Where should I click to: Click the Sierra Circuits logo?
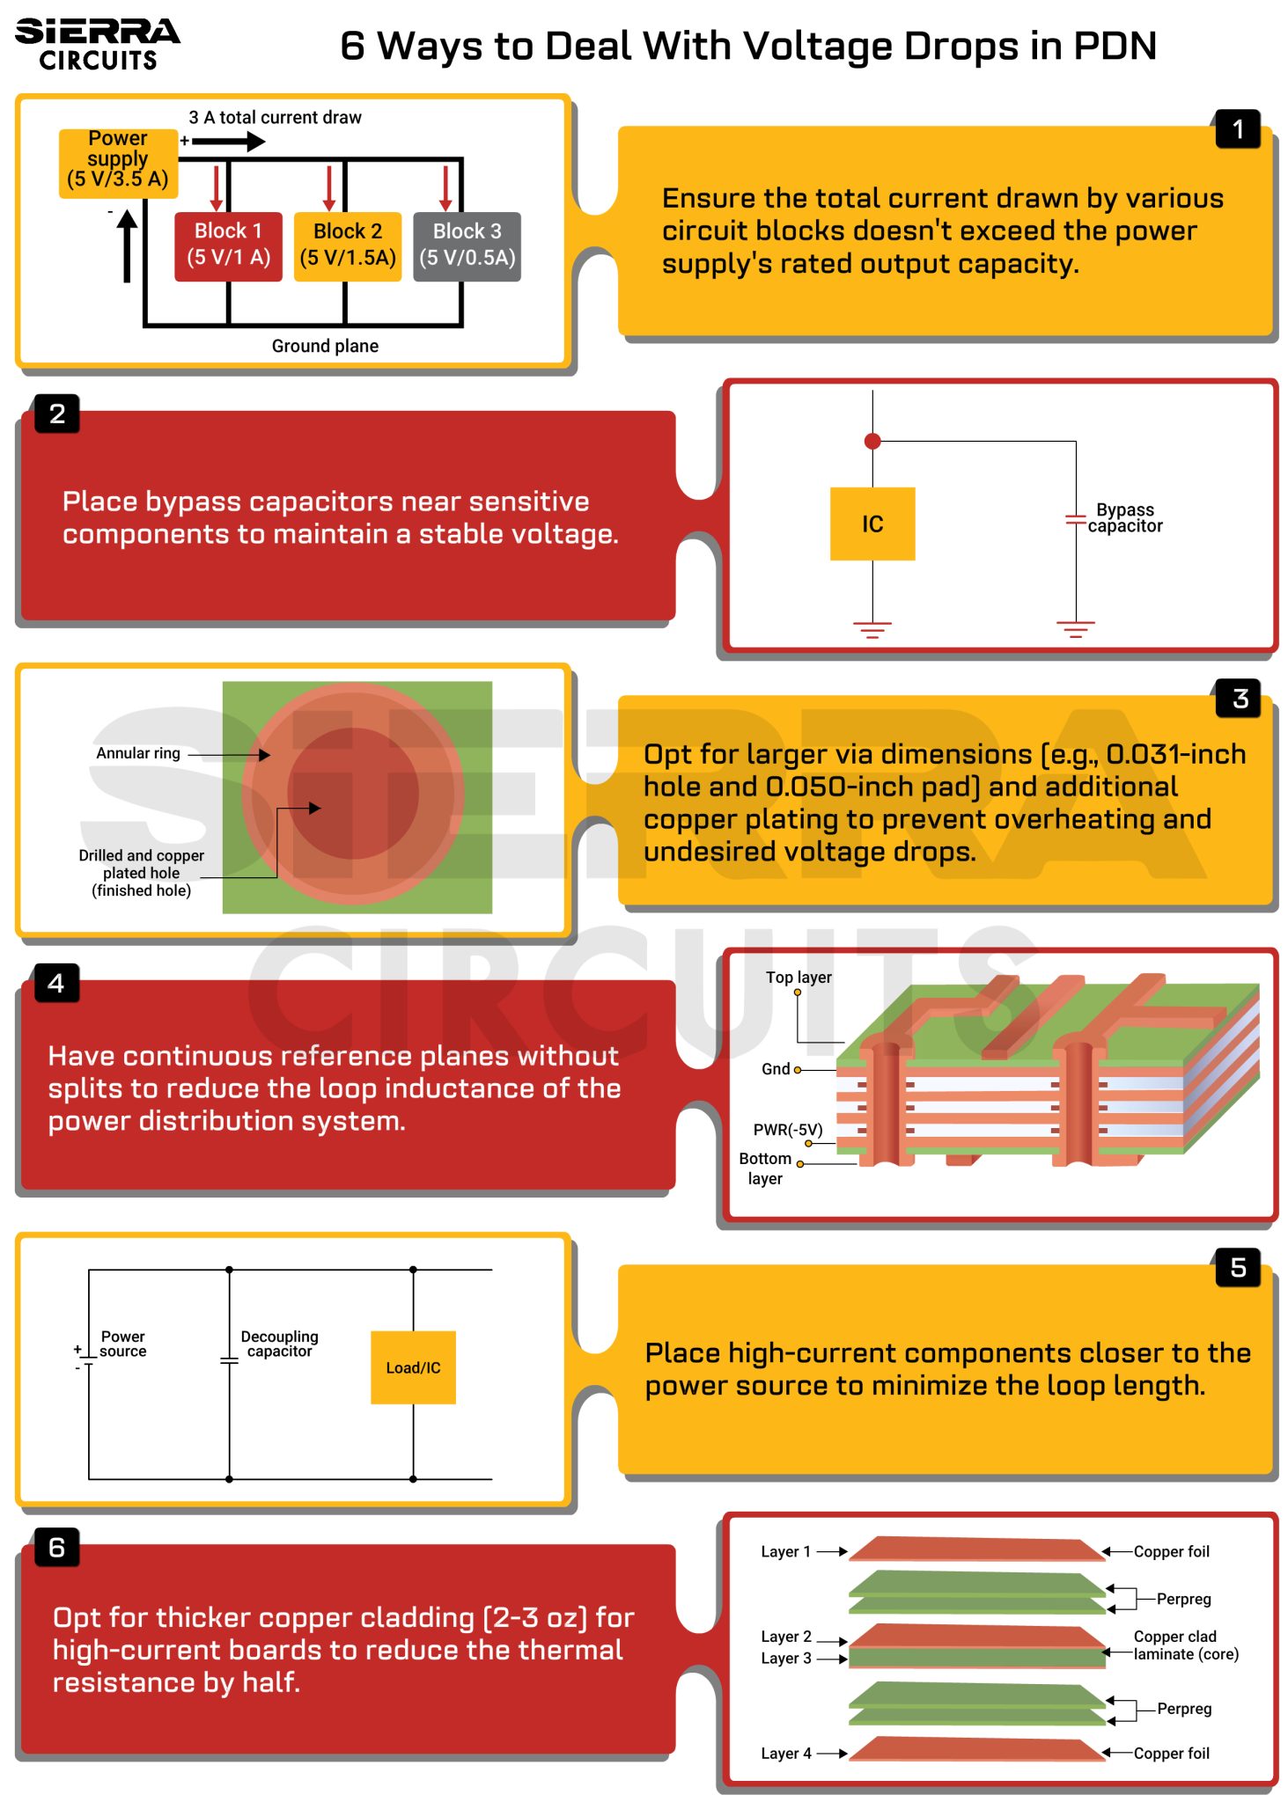pyautogui.click(x=97, y=44)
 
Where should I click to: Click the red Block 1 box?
pyautogui.click(x=228, y=245)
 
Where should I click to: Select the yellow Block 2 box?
pyautogui.click(x=347, y=245)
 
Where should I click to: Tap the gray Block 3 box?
pyautogui.click(x=467, y=245)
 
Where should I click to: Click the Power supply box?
pyautogui.click(x=118, y=161)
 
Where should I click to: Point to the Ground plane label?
pyautogui.click(x=325, y=346)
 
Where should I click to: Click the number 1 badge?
pyautogui.click(x=1237, y=129)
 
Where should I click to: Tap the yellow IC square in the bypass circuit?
pyautogui.click(x=872, y=524)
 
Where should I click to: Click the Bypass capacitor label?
pyautogui.click(x=1124, y=518)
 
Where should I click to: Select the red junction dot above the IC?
pyautogui.click(x=872, y=441)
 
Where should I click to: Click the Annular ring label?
pyautogui.click(x=138, y=753)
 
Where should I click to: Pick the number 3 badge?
pyautogui.click(x=1239, y=699)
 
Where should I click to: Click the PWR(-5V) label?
pyautogui.click(x=787, y=1130)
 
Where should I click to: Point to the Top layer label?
pyautogui.click(x=798, y=978)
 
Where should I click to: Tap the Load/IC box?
pyautogui.click(x=413, y=1367)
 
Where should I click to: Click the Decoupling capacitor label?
pyautogui.click(x=279, y=1344)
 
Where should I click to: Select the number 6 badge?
pyautogui.click(x=57, y=1548)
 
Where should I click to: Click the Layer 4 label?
pyautogui.click(x=785, y=1754)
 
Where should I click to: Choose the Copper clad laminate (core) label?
pyautogui.click(x=1184, y=1645)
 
